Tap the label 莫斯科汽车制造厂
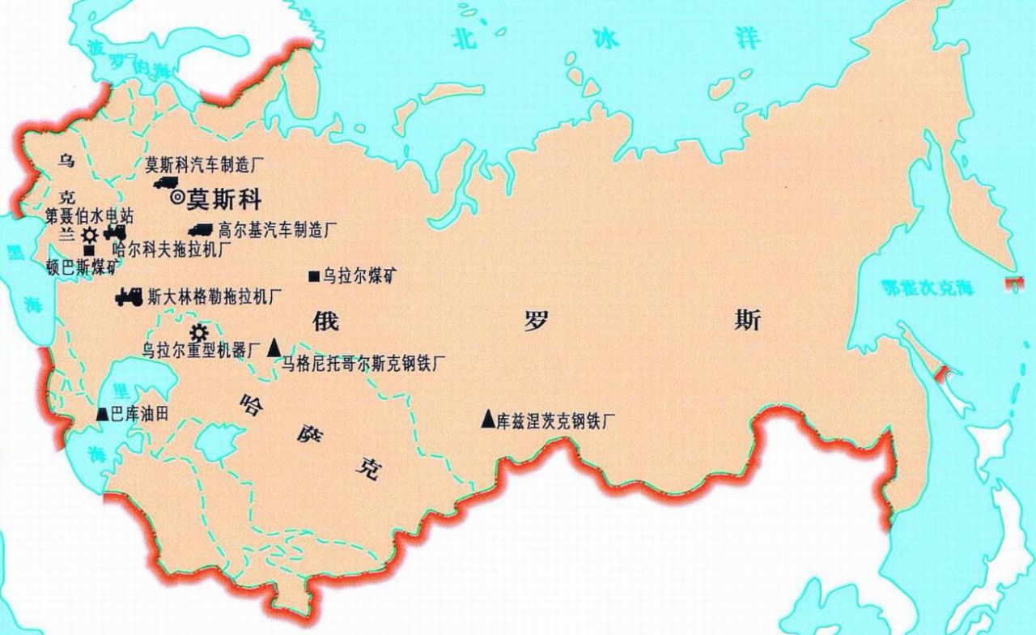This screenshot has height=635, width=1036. [x=205, y=165]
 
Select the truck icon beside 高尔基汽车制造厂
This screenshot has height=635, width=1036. [x=200, y=230]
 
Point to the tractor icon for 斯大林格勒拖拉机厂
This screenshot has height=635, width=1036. [x=129, y=297]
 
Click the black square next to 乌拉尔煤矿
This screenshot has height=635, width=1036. [x=313, y=277]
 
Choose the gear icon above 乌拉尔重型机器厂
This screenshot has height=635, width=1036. [x=198, y=332]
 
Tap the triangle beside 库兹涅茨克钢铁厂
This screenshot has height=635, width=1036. [x=487, y=419]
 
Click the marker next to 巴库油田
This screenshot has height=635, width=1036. [x=102, y=415]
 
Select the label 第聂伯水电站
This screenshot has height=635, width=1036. [x=89, y=216]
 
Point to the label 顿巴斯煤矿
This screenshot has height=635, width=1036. [x=81, y=268]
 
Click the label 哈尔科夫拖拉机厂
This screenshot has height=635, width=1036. [x=172, y=249]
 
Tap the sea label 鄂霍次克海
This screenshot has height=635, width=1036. [x=928, y=288]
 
